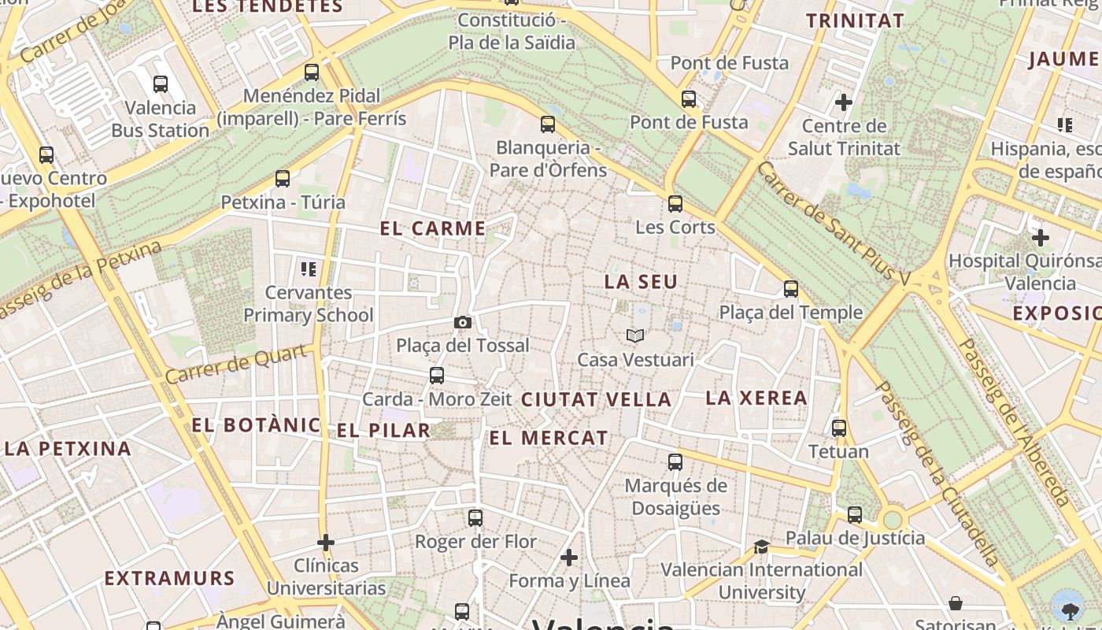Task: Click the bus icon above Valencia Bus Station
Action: click(x=161, y=83)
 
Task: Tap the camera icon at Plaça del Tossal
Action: click(x=463, y=322)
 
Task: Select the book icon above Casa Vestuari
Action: click(x=635, y=336)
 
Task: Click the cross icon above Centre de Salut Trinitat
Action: click(x=844, y=102)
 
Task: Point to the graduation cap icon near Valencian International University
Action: click(x=761, y=547)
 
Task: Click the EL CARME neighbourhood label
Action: click(x=433, y=229)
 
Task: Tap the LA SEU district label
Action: click(x=641, y=282)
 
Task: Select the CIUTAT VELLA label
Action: click(x=597, y=400)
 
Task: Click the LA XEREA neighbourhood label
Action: click(x=756, y=398)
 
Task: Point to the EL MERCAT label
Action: click(x=549, y=439)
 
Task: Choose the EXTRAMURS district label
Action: click(x=170, y=579)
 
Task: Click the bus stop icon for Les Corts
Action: click(x=675, y=204)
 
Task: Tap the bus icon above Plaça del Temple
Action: click(x=791, y=289)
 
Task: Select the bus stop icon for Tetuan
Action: click(x=839, y=428)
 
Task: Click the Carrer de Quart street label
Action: click(x=235, y=365)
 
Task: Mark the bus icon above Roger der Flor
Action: click(x=475, y=518)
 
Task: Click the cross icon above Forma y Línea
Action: click(x=569, y=558)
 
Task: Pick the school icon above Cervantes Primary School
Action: click(x=309, y=269)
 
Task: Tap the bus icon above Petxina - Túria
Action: click(x=283, y=179)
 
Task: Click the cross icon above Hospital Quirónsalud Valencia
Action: click(x=1041, y=238)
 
